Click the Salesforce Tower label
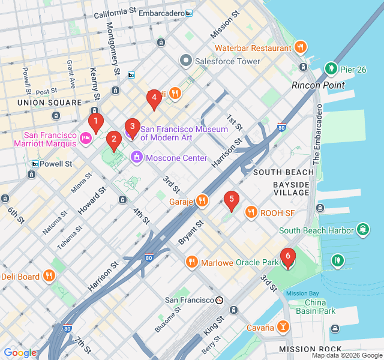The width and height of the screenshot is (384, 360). [227, 61]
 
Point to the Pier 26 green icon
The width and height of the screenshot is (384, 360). [331, 69]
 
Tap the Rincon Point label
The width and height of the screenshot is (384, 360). [318, 85]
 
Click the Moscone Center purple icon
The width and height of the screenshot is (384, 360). [137, 158]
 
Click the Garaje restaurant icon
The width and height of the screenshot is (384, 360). [203, 201]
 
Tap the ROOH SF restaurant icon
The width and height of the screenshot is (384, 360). [251, 212]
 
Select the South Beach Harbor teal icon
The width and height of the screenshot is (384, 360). [363, 230]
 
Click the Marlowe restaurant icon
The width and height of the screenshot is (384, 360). [191, 262]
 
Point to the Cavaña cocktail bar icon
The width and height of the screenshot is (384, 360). [283, 327]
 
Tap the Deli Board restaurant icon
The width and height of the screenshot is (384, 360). [49, 276]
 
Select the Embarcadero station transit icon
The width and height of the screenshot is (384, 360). [190, 13]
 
